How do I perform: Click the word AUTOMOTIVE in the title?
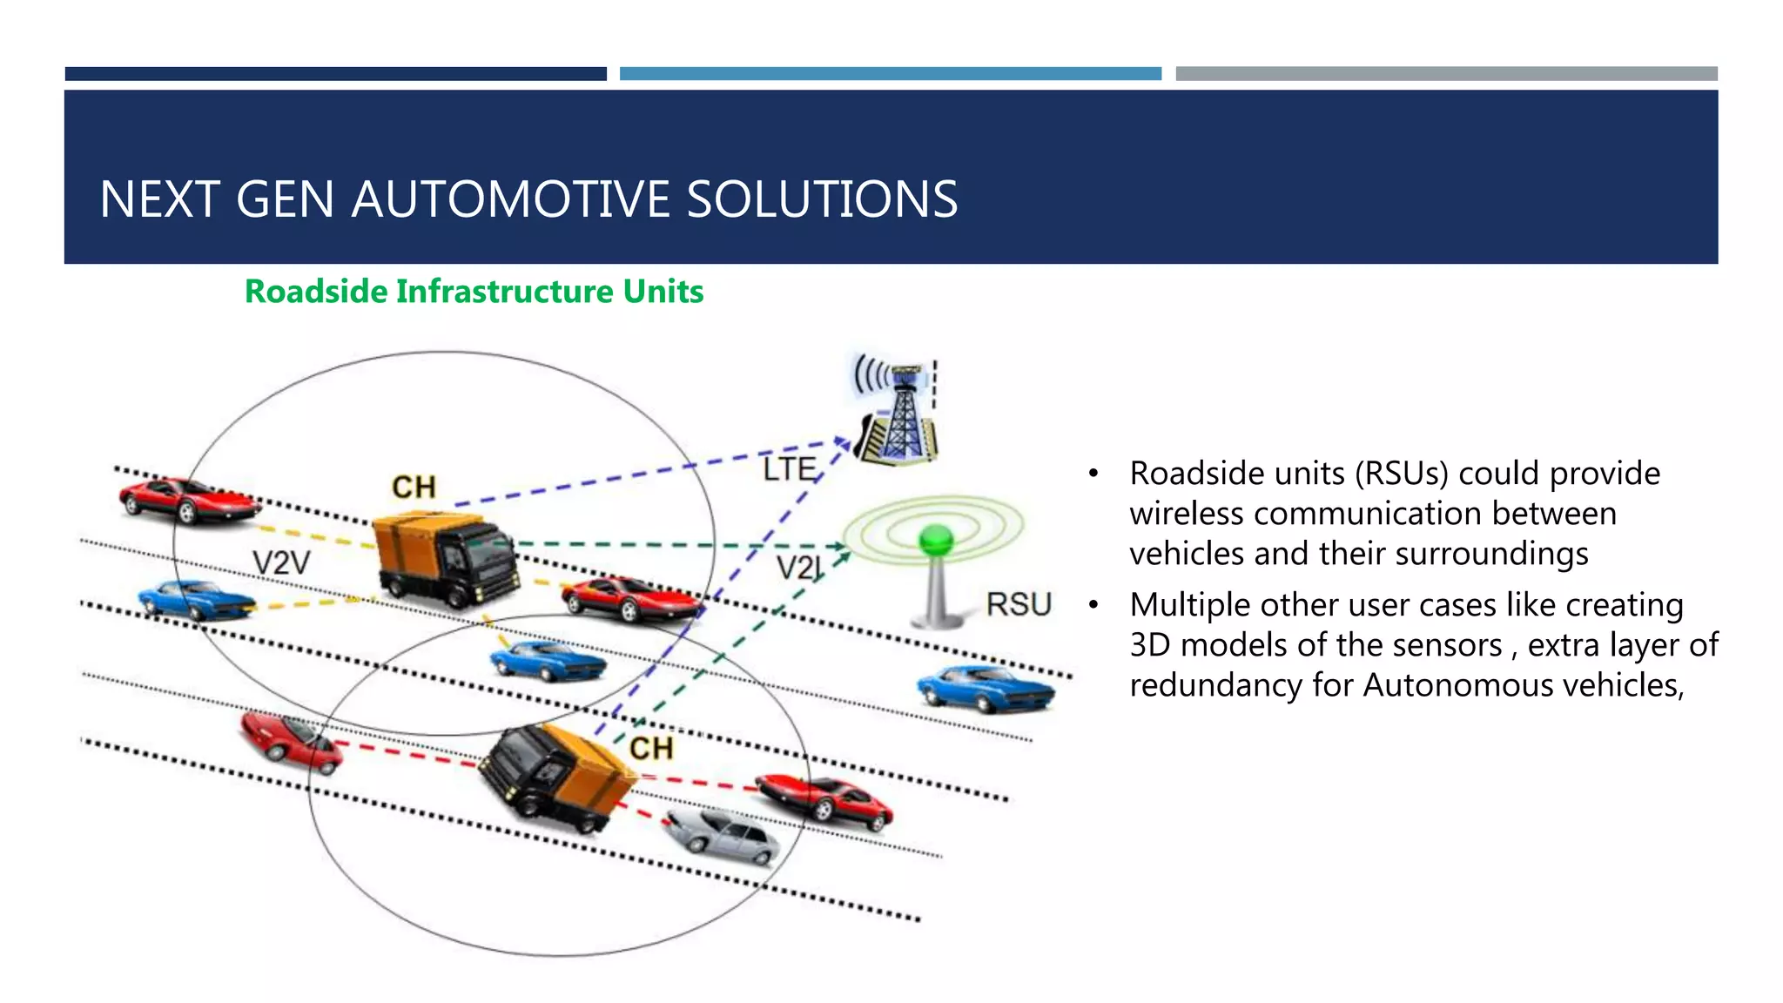pyautogui.click(x=511, y=199)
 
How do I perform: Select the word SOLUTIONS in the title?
pyautogui.click(x=822, y=199)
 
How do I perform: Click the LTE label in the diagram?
pyautogui.click(x=789, y=470)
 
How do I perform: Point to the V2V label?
pyautogui.click(x=280, y=563)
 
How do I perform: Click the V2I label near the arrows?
pyautogui.click(x=798, y=569)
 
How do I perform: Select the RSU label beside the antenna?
pyautogui.click(x=1019, y=604)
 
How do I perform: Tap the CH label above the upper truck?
pyautogui.click(x=414, y=488)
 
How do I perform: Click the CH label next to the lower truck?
pyautogui.click(x=651, y=749)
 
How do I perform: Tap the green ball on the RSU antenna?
pyautogui.click(x=936, y=540)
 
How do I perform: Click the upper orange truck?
pyautogui.click(x=444, y=557)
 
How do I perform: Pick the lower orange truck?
pyautogui.click(x=557, y=777)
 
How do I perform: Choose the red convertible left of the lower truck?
pyautogui.click(x=290, y=740)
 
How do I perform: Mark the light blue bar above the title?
pyautogui.click(x=890, y=74)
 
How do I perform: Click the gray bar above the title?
pyautogui.click(x=1446, y=74)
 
